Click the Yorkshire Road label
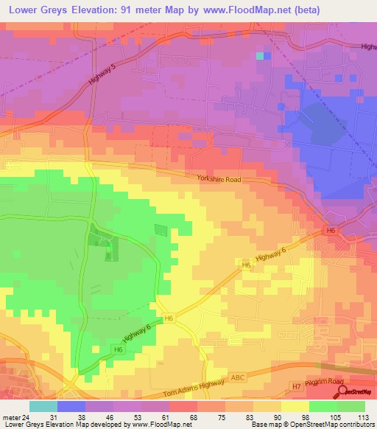pyautogui.click(x=219, y=179)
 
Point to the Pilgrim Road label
pyautogui.click(x=325, y=382)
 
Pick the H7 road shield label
pyautogui.click(x=296, y=385)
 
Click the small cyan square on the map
pyautogui.click(x=259, y=55)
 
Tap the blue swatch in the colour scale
pyautogui.click(x=71, y=406)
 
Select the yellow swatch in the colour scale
pyautogui.click(x=295, y=406)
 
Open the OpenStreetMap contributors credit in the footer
pyautogui.click(x=337, y=425)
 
